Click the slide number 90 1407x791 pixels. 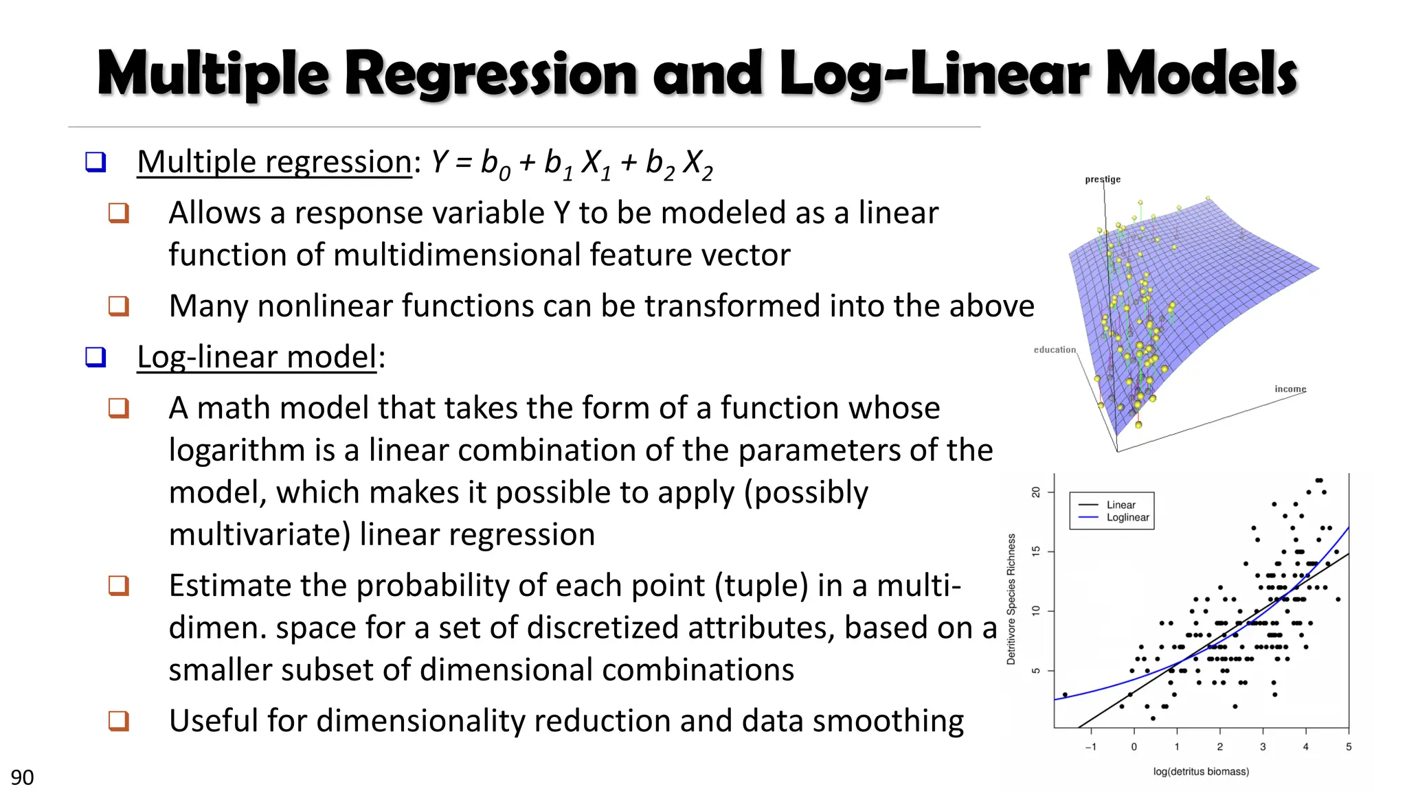pos(22,777)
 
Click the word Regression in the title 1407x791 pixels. pos(491,74)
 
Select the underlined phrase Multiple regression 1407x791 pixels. pos(274,163)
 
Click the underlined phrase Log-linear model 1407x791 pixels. pos(257,358)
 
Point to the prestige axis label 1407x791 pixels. pos(1103,179)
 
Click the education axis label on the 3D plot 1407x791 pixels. pos(1055,349)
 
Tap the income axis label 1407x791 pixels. pos(1290,389)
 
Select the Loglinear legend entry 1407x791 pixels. pos(1127,518)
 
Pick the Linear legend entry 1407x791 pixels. pos(1121,505)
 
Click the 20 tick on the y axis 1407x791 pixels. pos(1036,492)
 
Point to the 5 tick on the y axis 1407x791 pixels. pos(1036,671)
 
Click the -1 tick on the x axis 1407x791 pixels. pos(1090,747)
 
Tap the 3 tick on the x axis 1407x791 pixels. pos(1263,747)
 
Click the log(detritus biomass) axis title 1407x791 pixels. pos(1201,772)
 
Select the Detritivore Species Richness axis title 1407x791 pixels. pos(1011,599)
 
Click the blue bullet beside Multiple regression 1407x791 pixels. pos(95,162)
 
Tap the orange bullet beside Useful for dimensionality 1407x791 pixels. pos(119,721)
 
